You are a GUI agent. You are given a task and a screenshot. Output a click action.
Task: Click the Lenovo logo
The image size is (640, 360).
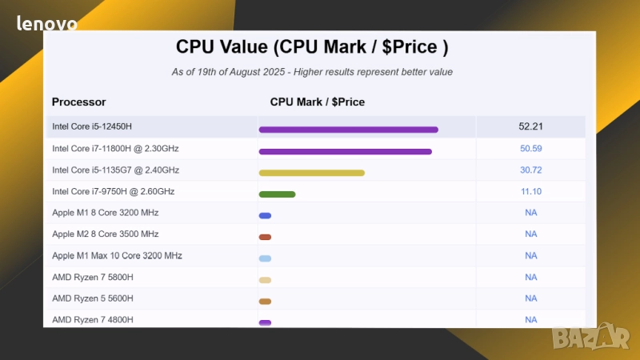click(x=47, y=23)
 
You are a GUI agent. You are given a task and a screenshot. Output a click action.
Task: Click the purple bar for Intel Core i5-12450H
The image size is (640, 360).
click(x=348, y=130)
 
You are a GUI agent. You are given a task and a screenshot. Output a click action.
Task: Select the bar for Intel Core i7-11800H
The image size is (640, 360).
click(x=345, y=151)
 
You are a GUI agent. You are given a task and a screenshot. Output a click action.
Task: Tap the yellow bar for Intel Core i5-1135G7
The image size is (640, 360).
click(x=311, y=173)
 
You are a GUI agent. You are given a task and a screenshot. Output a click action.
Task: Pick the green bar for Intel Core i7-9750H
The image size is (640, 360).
click(x=277, y=194)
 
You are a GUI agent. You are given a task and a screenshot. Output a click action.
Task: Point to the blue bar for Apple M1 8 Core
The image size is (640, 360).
click(x=265, y=215)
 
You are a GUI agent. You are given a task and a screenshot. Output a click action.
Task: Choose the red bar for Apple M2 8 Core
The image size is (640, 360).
click(x=265, y=237)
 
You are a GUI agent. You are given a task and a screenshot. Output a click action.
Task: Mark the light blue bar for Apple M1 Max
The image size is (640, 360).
click(x=265, y=258)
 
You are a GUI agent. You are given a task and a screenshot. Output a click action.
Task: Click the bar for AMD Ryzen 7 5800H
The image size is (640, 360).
click(x=265, y=280)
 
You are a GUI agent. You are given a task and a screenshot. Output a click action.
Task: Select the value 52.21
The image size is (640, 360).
click(x=530, y=126)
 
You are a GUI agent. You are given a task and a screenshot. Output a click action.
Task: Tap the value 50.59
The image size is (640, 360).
click(x=530, y=148)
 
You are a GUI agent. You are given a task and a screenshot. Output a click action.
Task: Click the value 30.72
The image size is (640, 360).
click(x=530, y=170)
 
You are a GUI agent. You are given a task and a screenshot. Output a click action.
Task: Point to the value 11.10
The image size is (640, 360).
click(x=530, y=191)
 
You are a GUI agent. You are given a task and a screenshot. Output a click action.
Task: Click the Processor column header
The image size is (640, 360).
click(x=79, y=102)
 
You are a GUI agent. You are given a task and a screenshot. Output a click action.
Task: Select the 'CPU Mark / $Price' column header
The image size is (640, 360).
click(x=318, y=102)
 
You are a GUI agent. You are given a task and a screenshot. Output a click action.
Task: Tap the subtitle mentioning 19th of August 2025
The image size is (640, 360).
click(x=312, y=72)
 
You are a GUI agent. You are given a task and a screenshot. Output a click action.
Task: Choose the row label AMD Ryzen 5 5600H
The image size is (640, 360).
click(x=93, y=298)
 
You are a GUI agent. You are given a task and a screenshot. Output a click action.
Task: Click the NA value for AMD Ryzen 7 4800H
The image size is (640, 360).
click(x=530, y=319)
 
